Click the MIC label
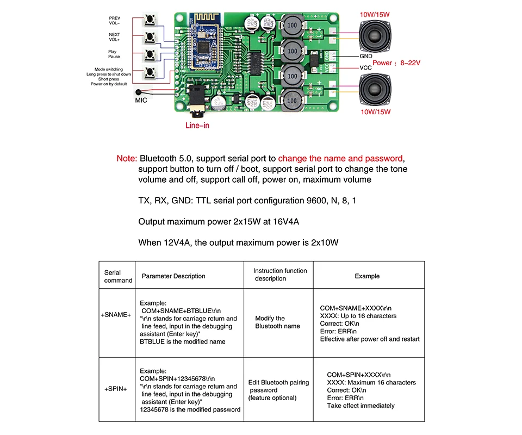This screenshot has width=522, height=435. tap(141, 101)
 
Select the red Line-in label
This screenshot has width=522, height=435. tap(197, 126)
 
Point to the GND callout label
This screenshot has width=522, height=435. tap(366, 56)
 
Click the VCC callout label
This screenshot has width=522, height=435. tap(365, 67)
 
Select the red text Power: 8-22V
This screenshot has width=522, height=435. tap(397, 63)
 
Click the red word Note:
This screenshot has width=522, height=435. tap(127, 159)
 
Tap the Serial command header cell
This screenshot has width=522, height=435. tap(118, 276)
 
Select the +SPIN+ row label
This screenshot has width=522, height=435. tap(116, 390)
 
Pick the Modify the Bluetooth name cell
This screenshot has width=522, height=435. tap(277, 322)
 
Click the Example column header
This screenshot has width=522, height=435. tap(367, 276)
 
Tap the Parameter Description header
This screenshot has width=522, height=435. tap(173, 276)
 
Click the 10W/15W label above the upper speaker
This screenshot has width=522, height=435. tap(375, 14)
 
